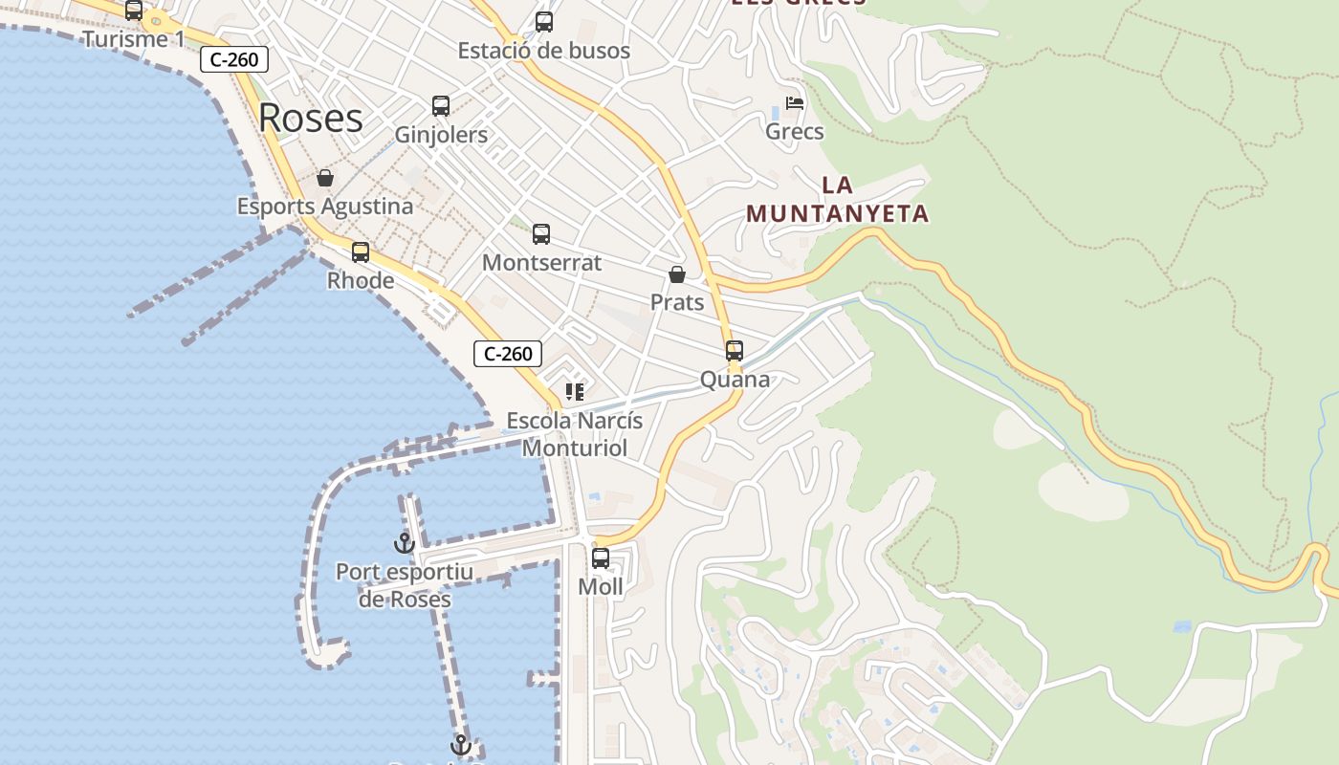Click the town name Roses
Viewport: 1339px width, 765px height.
(311, 118)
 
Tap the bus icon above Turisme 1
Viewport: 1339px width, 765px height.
(134, 11)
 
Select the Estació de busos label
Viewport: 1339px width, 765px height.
(543, 51)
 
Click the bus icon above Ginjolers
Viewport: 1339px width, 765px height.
(441, 106)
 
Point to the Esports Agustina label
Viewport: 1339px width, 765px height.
(325, 207)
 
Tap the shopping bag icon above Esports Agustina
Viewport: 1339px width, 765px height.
(325, 178)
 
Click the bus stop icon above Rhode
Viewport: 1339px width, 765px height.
(361, 252)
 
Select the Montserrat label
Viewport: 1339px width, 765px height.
(541, 263)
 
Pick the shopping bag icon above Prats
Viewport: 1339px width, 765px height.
(677, 275)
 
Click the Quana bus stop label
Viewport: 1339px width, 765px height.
(735, 380)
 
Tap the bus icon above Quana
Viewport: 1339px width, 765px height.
(735, 351)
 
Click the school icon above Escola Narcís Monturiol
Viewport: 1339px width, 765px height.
(575, 392)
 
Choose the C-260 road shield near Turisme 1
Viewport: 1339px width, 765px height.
(234, 59)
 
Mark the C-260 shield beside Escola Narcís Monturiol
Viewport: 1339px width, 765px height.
(508, 354)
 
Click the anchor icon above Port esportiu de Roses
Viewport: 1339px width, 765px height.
(405, 543)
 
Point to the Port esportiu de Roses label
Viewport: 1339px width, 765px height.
(405, 585)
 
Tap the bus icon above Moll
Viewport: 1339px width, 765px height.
(601, 558)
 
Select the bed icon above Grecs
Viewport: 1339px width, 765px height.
(795, 103)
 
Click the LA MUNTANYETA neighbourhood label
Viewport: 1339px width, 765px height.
(838, 199)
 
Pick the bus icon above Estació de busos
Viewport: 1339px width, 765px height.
(544, 21)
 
